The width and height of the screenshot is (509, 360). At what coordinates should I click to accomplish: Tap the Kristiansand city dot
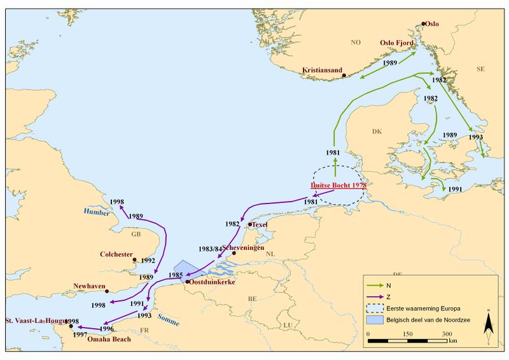[x=344, y=76]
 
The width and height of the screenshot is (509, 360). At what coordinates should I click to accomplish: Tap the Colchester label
[x=115, y=254]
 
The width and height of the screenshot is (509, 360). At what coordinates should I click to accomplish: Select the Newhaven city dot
[x=107, y=291]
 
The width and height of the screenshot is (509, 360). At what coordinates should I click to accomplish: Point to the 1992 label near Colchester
[x=148, y=260]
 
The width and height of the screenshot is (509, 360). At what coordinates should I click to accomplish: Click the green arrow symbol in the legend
[x=377, y=286]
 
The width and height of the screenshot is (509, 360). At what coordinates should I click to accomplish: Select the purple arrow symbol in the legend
[x=377, y=297]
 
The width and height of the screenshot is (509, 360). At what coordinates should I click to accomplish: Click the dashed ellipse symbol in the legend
[x=377, y=308]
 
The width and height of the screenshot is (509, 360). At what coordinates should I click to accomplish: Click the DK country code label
[x=376, y=132]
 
